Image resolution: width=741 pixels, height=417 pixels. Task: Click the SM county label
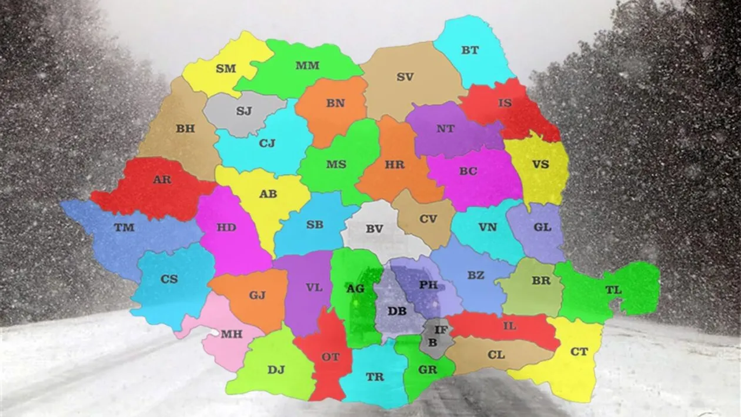(226, 69)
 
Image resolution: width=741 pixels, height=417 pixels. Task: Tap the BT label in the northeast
(470, 51)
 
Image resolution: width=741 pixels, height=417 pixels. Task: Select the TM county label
(124, 228)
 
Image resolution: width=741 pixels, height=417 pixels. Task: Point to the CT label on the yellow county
(579, 352)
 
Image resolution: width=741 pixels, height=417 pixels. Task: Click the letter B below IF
(433, 341)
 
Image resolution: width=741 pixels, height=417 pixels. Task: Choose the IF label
(441, 331)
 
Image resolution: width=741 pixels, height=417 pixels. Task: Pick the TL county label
(613, 290)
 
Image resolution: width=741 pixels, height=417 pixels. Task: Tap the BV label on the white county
(374, 229)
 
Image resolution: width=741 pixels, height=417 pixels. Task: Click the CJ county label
(267, 143)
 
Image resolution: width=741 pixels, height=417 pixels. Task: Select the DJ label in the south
(276, 369)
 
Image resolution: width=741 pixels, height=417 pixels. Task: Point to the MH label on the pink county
(231, 334)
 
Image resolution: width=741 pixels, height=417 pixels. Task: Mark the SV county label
(405, 76)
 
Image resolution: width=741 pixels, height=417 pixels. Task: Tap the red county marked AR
(153, 188)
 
